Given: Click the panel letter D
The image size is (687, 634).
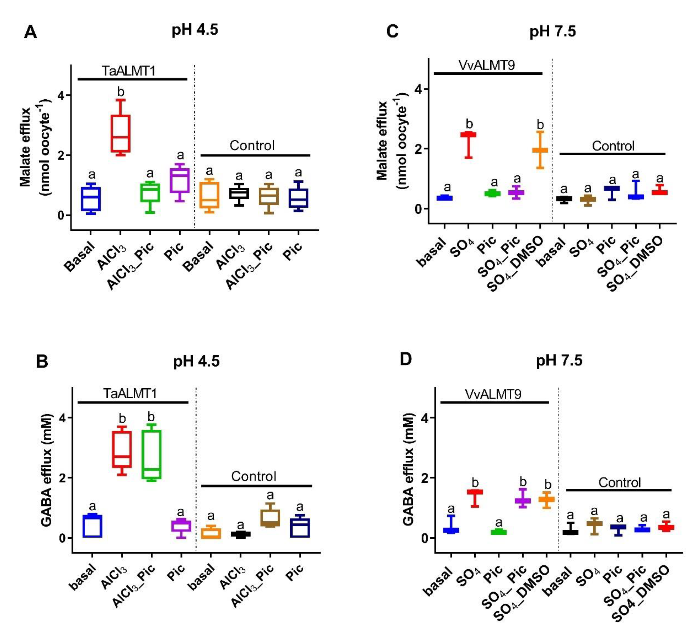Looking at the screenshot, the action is (x=406, y=360).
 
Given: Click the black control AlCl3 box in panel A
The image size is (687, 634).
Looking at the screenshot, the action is (x=239, y=193).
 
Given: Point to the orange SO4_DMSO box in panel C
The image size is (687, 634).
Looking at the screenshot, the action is (x=540, y=150).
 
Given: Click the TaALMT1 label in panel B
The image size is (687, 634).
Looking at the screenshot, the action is (x=130, y=393).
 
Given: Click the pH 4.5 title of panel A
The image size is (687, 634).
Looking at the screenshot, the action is (x=195, y=30).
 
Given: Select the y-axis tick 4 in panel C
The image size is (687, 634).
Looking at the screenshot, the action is (x=417, y=89).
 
